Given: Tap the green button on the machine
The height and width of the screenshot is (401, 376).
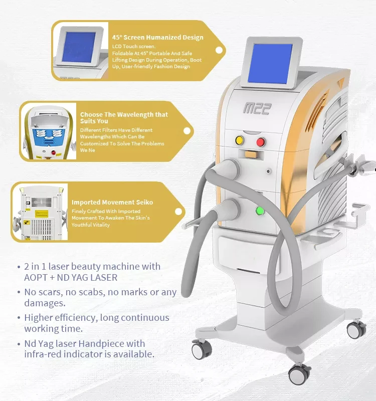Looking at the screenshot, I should [x=260, y=210].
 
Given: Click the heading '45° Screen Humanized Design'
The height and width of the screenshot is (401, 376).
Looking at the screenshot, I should [x=158, y=37].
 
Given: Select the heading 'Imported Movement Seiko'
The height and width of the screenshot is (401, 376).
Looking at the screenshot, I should [x=112, y=202].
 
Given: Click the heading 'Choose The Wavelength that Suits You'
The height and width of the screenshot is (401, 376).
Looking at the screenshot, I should [x=124, y=117].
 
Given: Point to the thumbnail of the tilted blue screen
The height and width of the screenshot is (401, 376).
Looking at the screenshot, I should [x=80, y=50].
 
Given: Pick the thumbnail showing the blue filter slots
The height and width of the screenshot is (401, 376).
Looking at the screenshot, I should [x=48, y=131].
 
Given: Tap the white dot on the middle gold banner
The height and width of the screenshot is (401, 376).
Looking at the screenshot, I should [x=187, y=131].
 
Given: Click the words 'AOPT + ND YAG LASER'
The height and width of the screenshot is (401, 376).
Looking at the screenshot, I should [x=71, y=278].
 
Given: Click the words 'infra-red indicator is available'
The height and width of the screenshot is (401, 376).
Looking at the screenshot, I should [x=89, y=354].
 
